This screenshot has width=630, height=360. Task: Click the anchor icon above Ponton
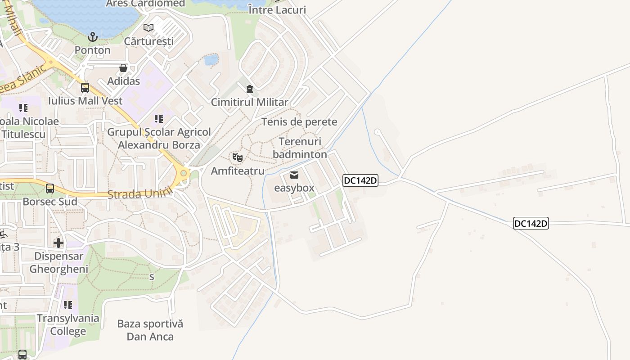click(93, 36)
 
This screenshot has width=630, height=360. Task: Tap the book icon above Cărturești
click(148, 28)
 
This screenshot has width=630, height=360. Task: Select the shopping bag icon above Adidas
click(123, 68)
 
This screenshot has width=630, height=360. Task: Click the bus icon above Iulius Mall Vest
click(85, 88)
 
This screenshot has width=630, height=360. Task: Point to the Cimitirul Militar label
click(250, 102)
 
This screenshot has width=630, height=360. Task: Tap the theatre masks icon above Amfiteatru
click(238, 157)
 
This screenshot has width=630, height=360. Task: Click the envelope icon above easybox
click(294, 175)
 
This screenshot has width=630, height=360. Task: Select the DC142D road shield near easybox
click(360, 180)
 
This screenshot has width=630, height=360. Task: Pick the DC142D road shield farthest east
click(531, 223)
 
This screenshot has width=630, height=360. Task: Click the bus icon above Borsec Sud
click(50, 189)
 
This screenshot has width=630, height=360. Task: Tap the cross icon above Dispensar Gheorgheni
click(58, 243)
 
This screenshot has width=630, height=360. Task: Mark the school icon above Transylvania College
click(68, 305)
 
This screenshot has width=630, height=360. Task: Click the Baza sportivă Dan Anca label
click(150, 330)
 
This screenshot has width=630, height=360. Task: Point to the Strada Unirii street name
click(140, 194)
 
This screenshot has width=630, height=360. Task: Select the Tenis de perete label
click(299, 122)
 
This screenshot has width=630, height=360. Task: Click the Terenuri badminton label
click(300, 148)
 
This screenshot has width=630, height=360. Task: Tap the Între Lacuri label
click(277, 10)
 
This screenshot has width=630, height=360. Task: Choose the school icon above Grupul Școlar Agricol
click(159, 119)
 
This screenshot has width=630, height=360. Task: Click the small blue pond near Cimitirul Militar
click(211, 59)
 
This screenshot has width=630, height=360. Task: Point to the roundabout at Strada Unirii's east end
click(184, 173)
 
